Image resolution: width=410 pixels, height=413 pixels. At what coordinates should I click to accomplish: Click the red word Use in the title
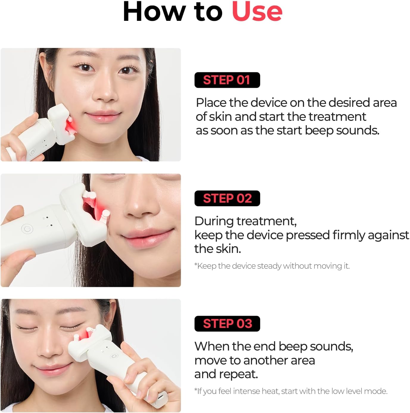coord(257,12)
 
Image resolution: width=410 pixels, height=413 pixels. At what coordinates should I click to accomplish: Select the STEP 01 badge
coord(227,80)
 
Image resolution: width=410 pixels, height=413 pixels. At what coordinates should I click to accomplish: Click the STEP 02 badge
coord(227,198)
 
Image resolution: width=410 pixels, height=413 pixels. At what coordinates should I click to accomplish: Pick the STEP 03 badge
coord(227,324)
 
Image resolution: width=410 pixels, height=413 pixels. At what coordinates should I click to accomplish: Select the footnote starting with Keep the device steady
coord(272,266)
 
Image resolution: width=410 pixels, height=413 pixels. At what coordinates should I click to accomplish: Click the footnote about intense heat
coord(291,391)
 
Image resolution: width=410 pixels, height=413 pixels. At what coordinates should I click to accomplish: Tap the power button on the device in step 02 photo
coord(27,229)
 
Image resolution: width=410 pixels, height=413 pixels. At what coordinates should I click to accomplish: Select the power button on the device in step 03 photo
coord(113,356)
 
